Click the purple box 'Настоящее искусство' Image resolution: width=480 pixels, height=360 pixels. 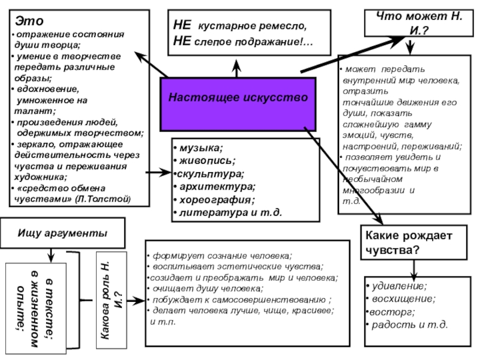[x=238, y=97]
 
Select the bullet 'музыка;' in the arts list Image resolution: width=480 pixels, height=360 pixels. [x=198, y=148]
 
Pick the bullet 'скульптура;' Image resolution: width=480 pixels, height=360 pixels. [x=208, y=174]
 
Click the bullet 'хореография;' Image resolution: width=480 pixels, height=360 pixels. [x=213, y=200]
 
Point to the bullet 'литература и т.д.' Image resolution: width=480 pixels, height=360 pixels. [x=228, y=212]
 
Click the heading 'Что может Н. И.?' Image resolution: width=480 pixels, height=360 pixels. [x=415, y=23]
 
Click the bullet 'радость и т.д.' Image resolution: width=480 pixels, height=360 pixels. [x=410, y=325]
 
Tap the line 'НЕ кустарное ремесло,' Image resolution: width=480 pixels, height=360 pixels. [x=239, y=27]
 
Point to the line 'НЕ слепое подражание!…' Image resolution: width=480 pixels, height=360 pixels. [x=242, y=41]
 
